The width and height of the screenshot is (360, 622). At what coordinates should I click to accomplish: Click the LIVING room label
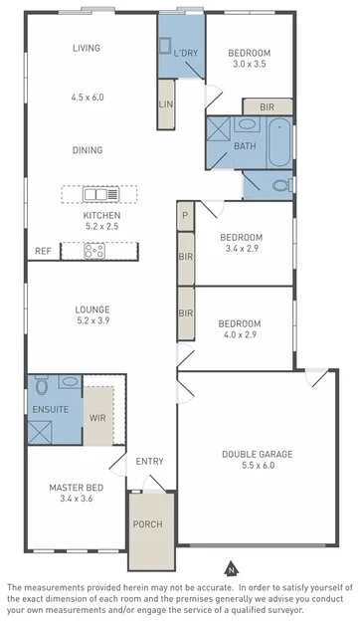click(x=88, y=48)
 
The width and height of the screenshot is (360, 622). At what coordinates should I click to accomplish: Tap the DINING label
click(x=88, y=150)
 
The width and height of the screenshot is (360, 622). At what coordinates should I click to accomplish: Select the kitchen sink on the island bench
click(x=99, y=194)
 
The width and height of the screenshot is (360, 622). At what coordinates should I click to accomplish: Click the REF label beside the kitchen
click(x=43, y=251)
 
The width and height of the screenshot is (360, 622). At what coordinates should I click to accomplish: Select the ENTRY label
click(x=150, y=461)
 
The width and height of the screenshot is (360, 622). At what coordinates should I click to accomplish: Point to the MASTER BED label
click(x=75, y=488)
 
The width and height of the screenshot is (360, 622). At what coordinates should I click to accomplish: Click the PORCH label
click(x=148, y=524)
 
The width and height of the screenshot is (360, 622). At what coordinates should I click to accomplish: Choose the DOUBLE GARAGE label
click(x=257, y=454)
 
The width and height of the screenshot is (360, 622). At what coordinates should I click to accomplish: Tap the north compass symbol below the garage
click(x=230, y=570)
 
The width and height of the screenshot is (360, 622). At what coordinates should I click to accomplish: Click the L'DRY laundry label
click(x=184, y=53)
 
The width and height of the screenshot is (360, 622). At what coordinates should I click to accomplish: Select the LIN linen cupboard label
click(x=165, y=104)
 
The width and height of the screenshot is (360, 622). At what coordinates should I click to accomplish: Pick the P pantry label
click(x=185, y=214)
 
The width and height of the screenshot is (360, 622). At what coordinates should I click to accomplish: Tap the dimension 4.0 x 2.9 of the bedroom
click(x=240, y=337)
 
